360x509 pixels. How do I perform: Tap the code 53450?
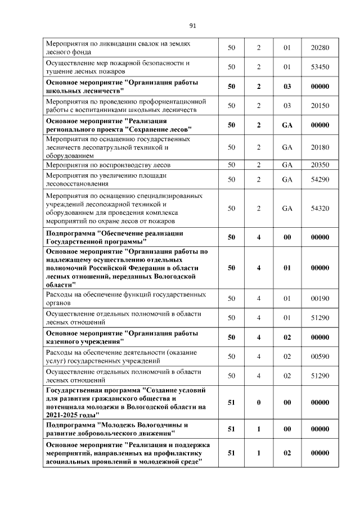point(319,67)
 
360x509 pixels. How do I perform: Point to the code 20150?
point(319,105)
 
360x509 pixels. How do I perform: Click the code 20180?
point(319,147)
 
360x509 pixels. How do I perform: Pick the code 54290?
point(319,179)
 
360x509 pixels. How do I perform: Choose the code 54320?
point(319,208)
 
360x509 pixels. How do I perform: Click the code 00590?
point(319,356)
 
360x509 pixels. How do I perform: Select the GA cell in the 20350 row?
point(287,165)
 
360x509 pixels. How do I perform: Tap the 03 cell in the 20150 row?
point(287,105)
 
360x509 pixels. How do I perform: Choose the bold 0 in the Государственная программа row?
point(259,402)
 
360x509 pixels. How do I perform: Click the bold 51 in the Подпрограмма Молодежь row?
point(231,429)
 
